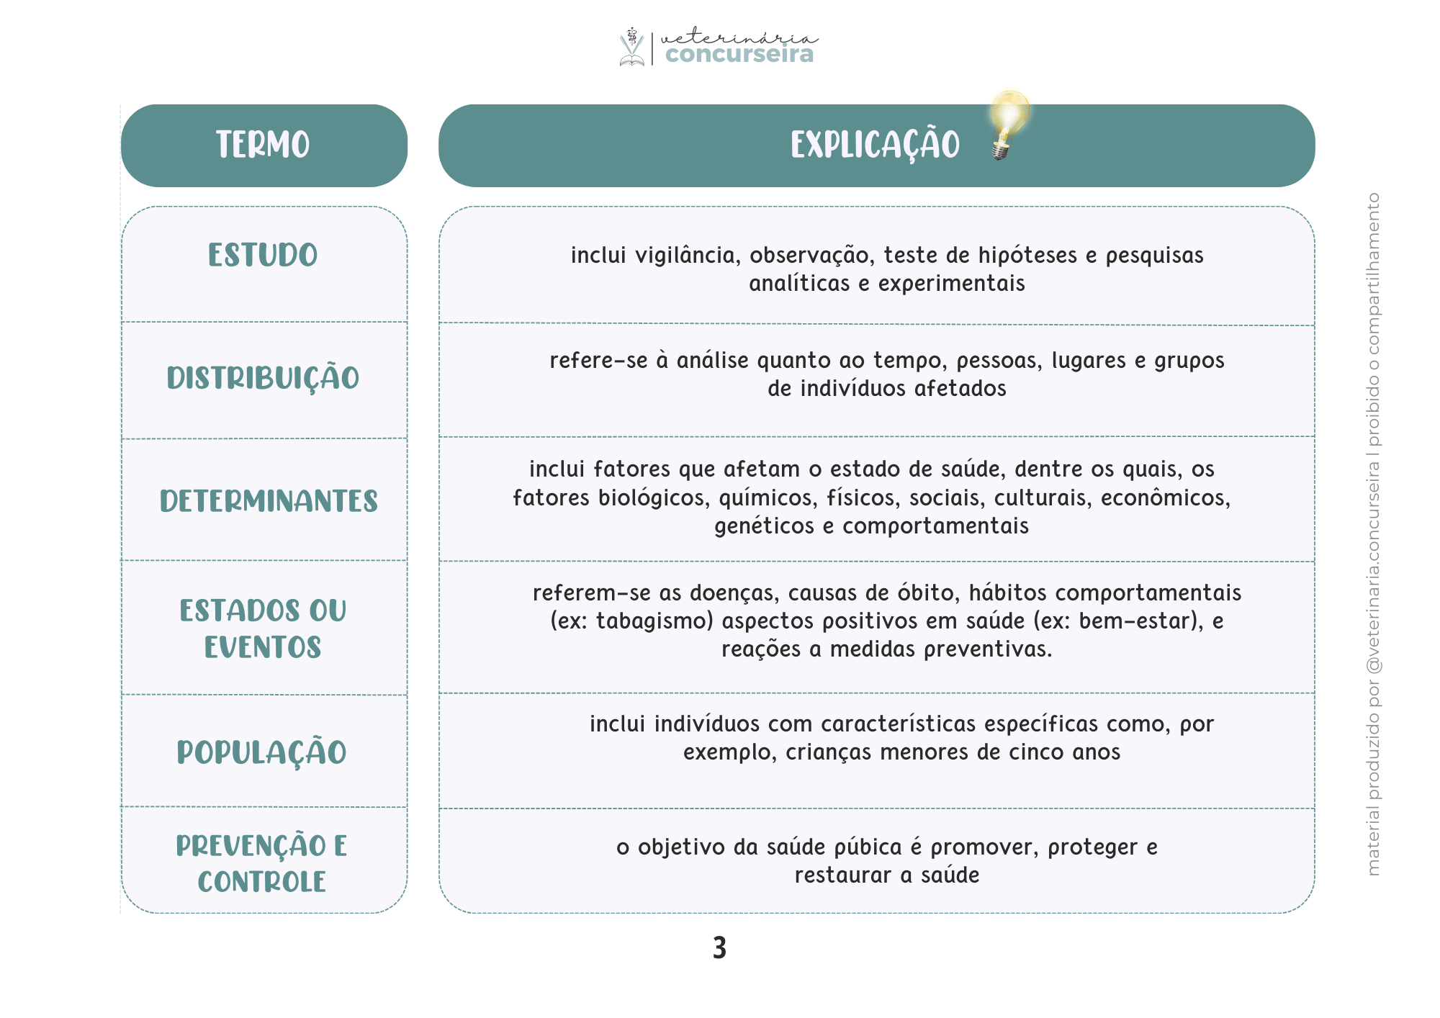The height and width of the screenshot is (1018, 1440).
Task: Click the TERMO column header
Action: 263,145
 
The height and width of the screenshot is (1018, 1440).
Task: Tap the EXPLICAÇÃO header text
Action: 875,145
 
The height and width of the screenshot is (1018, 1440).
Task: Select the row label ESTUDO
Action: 263,256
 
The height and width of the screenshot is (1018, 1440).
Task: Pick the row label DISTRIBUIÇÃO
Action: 263,379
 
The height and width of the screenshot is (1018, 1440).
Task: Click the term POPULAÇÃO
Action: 262,753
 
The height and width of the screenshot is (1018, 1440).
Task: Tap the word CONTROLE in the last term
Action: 262,882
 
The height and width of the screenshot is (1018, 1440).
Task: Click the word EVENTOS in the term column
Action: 263,648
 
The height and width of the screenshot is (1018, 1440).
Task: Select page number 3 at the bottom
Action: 719,948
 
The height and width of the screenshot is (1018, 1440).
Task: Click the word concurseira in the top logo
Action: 739,54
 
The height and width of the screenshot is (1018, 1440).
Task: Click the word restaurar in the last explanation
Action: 843,876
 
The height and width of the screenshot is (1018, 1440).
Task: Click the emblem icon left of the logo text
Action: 631,47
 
